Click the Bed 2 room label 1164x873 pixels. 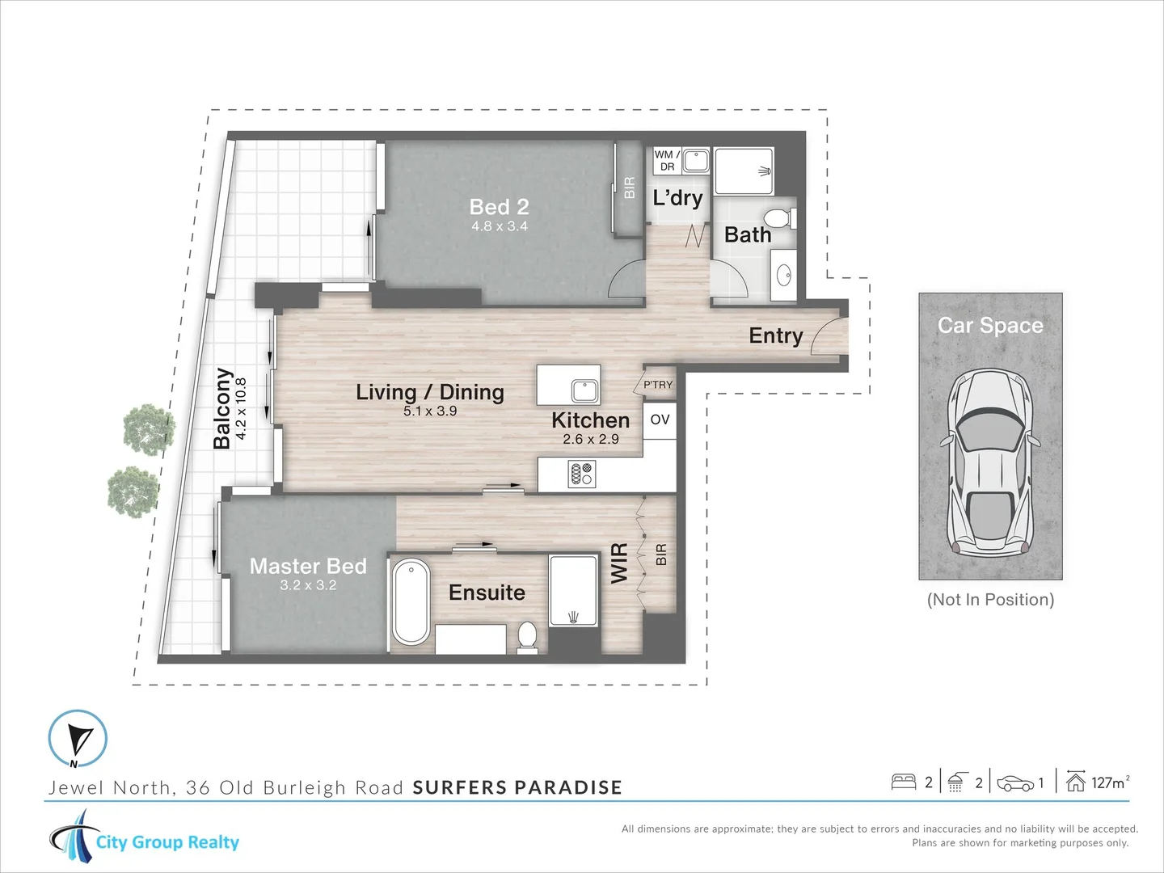[499, 207]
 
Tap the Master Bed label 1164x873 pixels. [308, 566]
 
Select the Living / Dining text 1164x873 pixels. [430, 392]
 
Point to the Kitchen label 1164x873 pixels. [591, 420]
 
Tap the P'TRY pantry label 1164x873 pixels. [657, 385]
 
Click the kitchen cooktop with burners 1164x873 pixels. [582, 474]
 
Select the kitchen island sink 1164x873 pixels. [585, 392]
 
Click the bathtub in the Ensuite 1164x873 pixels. [411, 601]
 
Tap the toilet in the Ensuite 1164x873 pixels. [527, 635]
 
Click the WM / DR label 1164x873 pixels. [667, 160]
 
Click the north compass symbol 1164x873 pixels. [78, 738]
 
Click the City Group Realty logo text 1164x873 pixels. [167, 841]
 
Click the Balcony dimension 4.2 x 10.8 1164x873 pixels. [241, 409]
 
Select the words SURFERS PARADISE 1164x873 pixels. [517, 787]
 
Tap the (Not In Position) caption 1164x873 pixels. [990, 600]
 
